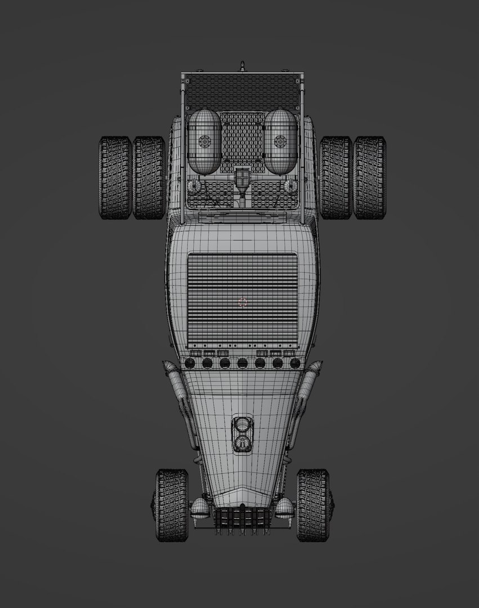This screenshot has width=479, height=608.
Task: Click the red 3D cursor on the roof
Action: tap(243, 302)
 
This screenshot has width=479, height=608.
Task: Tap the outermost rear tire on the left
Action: tap(115, 177)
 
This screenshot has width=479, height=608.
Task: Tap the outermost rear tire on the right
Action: tap(370, 177)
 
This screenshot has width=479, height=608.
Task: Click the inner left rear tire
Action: tap(149, 177)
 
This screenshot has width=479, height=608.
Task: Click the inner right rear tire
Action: tap(336, 177)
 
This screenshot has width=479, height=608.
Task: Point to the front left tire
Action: tap(172, 505)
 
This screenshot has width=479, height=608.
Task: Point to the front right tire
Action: tap(312, 505)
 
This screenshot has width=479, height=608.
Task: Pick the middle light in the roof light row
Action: tap(243, 363)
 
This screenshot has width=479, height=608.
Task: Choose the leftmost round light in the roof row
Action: tap(190, 363)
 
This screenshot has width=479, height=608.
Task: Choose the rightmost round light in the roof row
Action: tap(295, 363)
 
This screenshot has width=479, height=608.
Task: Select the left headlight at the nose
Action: tap(200, 508)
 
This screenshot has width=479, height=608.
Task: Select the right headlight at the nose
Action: tap(284, 508)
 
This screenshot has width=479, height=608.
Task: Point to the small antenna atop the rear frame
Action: tap(243, 65)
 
